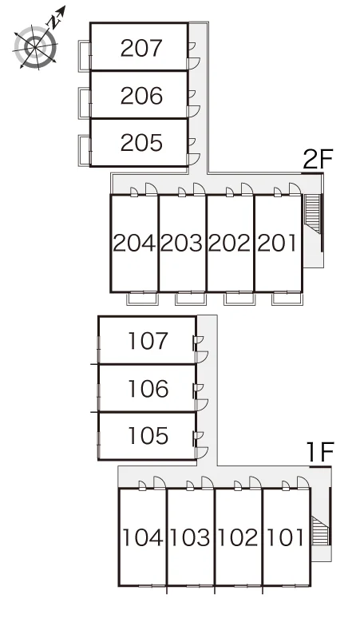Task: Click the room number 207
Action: pyautogui.click(x=141, y=48)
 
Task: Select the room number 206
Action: pyautogui.click(x=141, y=96)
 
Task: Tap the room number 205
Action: pyautogui.click(x=141, y=143)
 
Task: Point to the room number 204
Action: pyautogui.click(x=134, y=244)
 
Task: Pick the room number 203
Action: pyautogui.click(x=181, y=244)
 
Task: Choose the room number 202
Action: pyautogui.click(x=230, y=244)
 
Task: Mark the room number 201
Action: pyautogui.click(x=277, y=244)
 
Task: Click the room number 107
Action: pyautogui.click(x=148, y=341)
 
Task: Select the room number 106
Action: pyautogui.click(x=148, y=389)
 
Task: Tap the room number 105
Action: pyautogui.click(x=148, y=436)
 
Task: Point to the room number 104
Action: pyautogui.click(x=143, y=537)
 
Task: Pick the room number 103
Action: pyautogui.click(x=190, y=537)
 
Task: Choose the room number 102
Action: pyautogui.click(x=238, y=537)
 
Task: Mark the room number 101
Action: pyautogui.click(x=285, y=537)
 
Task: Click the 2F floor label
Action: pyautogui.click(x=318, y=159)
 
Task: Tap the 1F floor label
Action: pyautogui.click(x=320, y=453)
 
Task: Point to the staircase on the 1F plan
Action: pyautogui.click(x=320, y=530)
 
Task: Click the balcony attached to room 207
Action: pyautogui.click(x=85, y=56)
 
